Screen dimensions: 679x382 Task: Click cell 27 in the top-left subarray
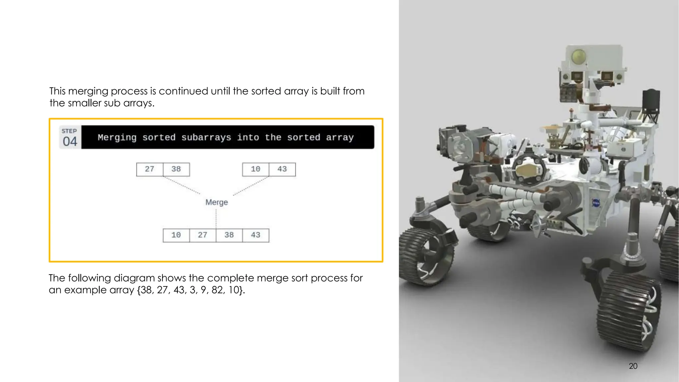[150, 169]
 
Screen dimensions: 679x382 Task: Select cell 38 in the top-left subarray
[176, 169]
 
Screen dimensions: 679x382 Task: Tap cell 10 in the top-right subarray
[256, 169]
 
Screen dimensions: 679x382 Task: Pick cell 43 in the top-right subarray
[282, 169]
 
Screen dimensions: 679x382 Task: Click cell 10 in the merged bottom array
[176, 235]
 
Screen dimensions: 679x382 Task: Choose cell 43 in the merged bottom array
[256, 235]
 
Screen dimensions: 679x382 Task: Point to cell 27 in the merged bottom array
[203, 235]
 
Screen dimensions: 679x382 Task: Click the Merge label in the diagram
[216, 202]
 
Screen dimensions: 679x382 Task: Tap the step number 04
[70, 142]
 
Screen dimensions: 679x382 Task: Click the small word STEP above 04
[69, 131]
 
